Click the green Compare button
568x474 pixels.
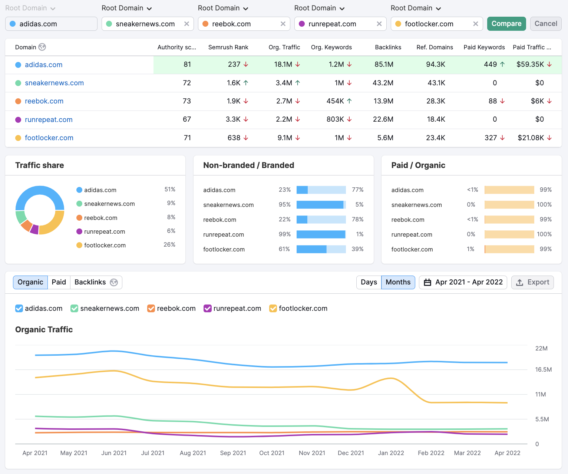506,24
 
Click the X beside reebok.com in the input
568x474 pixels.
283,24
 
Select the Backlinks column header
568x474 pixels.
388,47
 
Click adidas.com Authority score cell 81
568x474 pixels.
187,65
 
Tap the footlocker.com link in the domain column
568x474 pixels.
49,138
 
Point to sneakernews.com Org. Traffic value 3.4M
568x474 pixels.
284,83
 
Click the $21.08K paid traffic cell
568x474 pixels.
531,138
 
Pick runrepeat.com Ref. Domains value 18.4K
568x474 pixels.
436,119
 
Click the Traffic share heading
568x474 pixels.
40,165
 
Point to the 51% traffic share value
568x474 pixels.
170,190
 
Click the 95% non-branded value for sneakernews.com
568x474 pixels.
284,205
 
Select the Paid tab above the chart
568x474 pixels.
59,282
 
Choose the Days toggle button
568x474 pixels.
369,282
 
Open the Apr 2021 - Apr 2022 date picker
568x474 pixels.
463,282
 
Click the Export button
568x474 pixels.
532,282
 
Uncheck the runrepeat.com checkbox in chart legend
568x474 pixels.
208,309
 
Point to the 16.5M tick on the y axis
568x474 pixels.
543,369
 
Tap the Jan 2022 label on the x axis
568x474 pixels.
391,453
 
